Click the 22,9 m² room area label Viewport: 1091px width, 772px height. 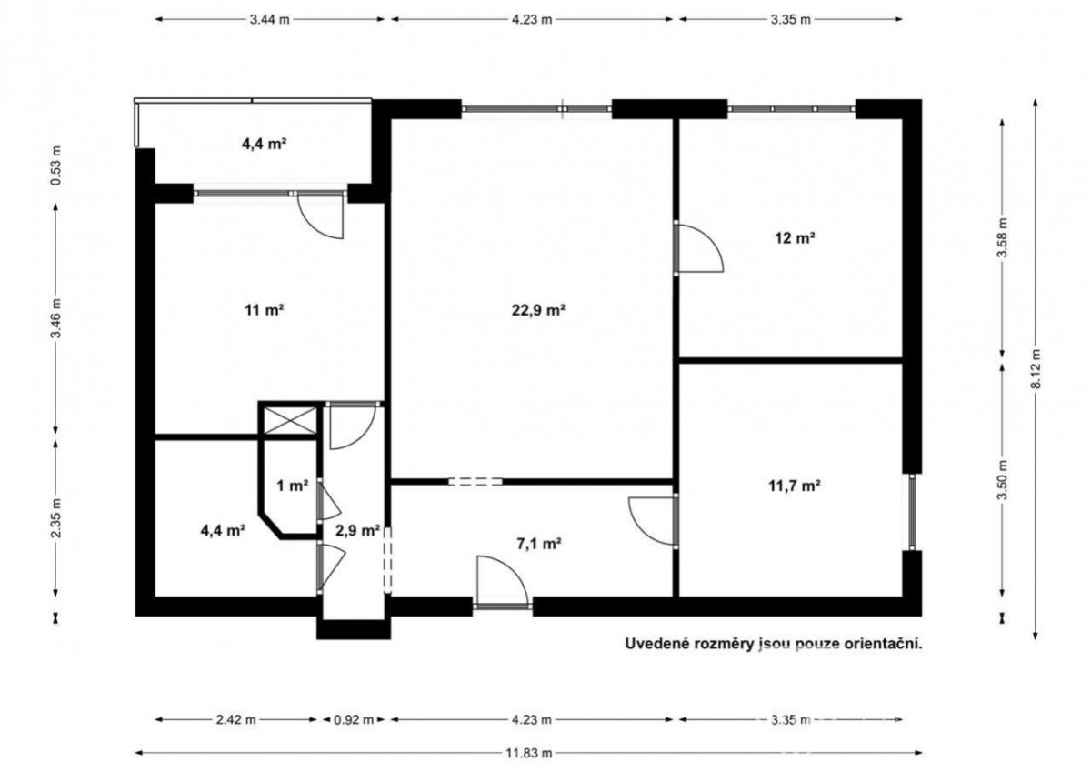[538, 310]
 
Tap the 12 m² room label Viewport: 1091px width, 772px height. [795, 238]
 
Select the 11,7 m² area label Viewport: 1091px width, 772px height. [795, 486]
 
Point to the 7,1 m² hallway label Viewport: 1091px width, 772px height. [538, 544]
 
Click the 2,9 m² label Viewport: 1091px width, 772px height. [357, 530]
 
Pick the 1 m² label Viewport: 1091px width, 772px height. [292, 486]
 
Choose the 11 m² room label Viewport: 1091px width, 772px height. [265, 310]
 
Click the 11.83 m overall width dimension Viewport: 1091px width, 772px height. [528, 753]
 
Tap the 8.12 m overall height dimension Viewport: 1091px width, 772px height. [1036, 368]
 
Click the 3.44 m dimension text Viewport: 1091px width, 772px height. [269, 19]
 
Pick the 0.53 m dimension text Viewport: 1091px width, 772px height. [56, 165]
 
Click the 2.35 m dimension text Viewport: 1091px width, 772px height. [56, 518]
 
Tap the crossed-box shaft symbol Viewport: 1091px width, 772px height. [289, 421]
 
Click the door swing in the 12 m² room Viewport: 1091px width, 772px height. [699, 247]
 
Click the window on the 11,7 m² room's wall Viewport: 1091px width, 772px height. [912, 512]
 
